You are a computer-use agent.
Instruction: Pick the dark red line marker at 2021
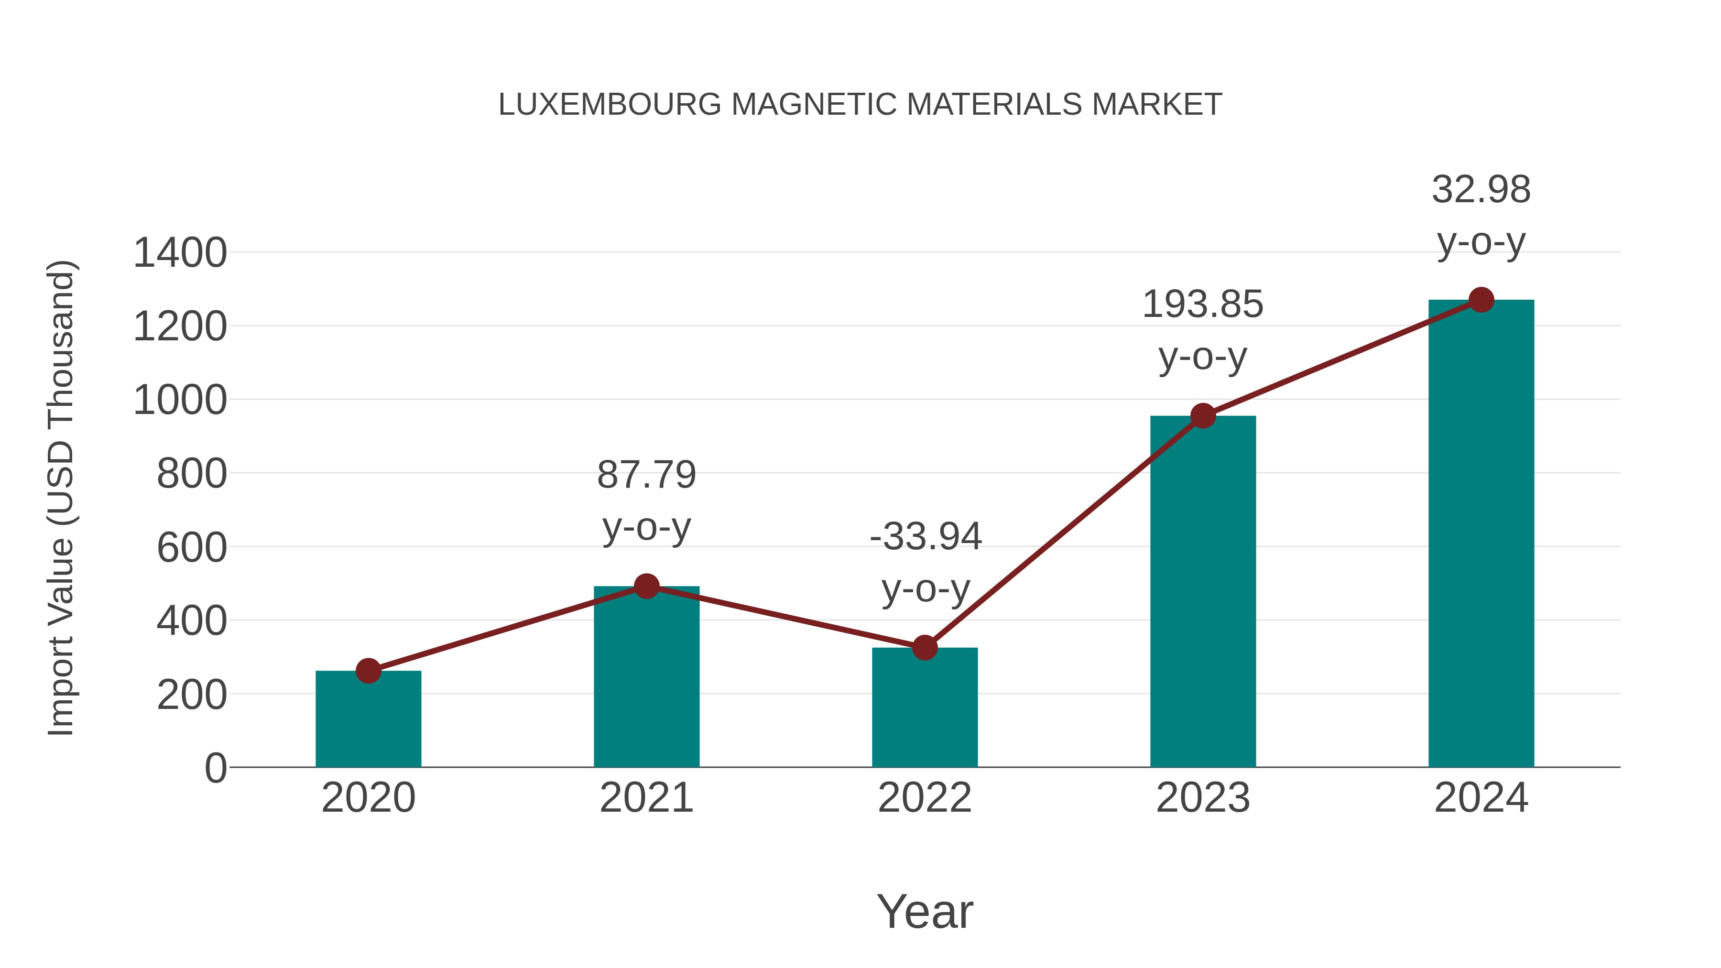coord(646,587)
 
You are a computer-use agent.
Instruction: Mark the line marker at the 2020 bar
coord(368,671)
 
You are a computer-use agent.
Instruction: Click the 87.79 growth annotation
coord(646,475)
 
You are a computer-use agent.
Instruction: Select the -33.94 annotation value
coord(926,536)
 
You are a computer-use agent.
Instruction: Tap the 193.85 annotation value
coord(1203,305)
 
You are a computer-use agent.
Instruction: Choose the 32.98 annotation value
coord(1481,190)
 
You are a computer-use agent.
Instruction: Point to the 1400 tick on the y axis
coord(180,254)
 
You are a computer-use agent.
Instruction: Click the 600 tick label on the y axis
coord(192,548)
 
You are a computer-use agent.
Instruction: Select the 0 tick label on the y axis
coord(216,768)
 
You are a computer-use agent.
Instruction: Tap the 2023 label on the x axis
coord(1203,798)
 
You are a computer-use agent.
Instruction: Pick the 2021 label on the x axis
coord(646,798)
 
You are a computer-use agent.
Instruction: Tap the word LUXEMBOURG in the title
coord(610,105)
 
